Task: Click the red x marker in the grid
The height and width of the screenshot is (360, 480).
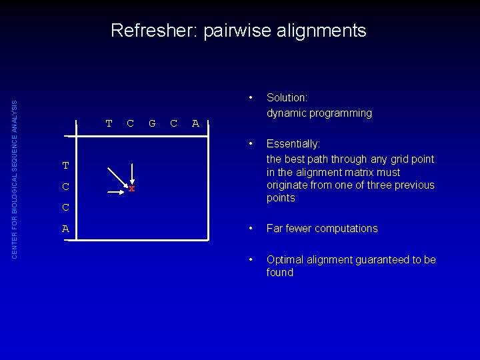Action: pyautogui.click(x=132, y=189)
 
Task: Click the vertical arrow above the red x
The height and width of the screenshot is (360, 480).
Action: pyautogui.click(x=132, y=171)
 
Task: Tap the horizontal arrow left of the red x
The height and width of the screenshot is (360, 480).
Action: pyautogui.click(x=120, y=189)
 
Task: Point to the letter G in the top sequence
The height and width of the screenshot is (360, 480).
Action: pyautogui.click(x=152, y=123)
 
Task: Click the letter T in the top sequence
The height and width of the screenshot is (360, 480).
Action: pyautogui.click(x=109, y=123)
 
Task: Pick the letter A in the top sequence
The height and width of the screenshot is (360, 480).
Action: pyautogui.click(x=195, y=123)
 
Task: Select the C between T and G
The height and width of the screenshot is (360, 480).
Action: pyautogui.click(x=131, y=123)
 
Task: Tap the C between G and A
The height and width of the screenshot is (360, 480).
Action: pyautogui.click(x=173, y=123)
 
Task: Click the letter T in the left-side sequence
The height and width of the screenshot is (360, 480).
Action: pyautogui.click(x=65, y=165)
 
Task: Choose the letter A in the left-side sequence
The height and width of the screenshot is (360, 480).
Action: pyautogui.click(x=65, y=229)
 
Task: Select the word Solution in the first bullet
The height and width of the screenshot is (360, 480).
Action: pyautogui.click(x=287, y=98)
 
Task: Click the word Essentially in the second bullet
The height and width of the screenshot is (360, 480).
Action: pyautogui.click(x=293, y=144)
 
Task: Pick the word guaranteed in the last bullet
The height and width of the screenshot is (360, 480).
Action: pyautogui.click(x=389, y=259)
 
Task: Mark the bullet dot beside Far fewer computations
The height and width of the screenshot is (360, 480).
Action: pyautogui.click(x=251, y=228)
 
